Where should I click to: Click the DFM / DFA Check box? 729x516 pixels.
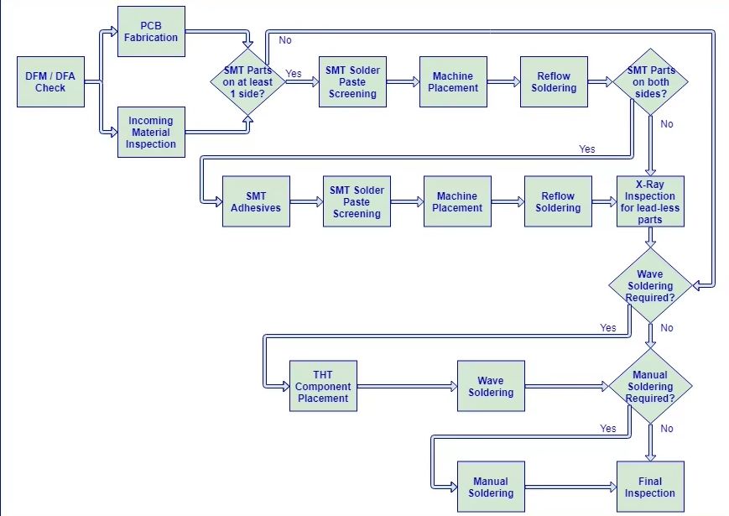pyautogui.click(x=50, y=82)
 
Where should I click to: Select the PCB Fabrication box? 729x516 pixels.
pyautogui.click(x=151, y=32)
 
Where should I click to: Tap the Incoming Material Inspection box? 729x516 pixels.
pyautogui.click(x=151, y=132)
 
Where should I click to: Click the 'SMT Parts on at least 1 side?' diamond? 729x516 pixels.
pyautogui.click(x=247, y=82)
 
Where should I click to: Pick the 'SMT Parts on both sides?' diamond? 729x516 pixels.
pyautogui.click(x=650, y=82)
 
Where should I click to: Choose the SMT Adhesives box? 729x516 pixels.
pyautogui.click(x=256, y=201)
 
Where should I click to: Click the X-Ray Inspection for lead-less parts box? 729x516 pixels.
pyautogui.click(x=650, y=201)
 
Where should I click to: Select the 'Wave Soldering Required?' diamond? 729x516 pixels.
pyautogui.click(x=650, y=285)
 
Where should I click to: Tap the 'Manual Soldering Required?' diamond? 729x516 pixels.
pyautogui.click(x=650, y=386)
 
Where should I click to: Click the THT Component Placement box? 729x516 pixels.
pyautogui.click(x=323, y=386)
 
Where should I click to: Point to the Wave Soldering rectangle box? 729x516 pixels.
pyautogui.click(x=491, y=386)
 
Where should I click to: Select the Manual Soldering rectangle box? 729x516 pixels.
pyautogui.click(x=491, y=487)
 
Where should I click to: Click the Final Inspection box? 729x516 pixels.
pyautogui.click(x=650, y=487)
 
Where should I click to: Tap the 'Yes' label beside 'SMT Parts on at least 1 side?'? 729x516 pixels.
pyautogui.click(x=294, y=74)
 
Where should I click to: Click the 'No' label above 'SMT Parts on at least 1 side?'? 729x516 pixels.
pyautogui.click(x=285, y=40)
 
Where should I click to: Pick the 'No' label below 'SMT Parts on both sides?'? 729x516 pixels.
pyautogui.click(x=667, y=124)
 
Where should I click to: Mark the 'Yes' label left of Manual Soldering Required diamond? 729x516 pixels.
pyautogui.click(x=607, y=428)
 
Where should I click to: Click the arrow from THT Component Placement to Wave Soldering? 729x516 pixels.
pyautogui.click(x=407, y=386)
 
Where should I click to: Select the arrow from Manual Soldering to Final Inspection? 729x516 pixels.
pyautogui.click(x=571, y=487)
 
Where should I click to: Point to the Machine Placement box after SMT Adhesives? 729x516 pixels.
pyautogui.click(x=457, y=201)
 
